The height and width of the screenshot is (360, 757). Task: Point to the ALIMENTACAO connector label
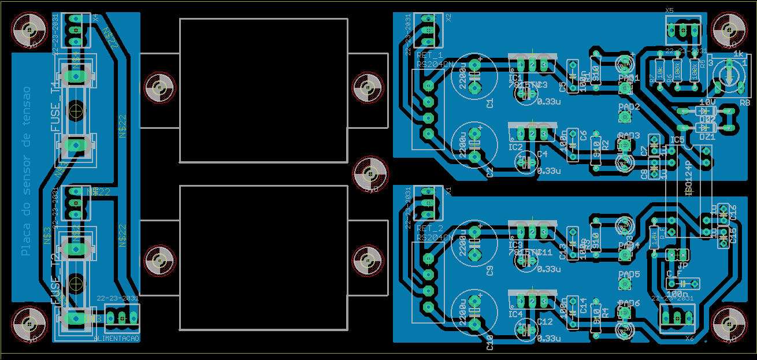(116, 338)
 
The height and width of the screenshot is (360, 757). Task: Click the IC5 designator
(677, 140)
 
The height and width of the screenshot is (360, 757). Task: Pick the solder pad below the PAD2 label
(624, 117)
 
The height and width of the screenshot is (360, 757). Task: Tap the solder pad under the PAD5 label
(624, 284)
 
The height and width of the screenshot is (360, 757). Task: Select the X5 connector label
(669, 10)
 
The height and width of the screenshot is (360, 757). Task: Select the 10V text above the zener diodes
(707, 102)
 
